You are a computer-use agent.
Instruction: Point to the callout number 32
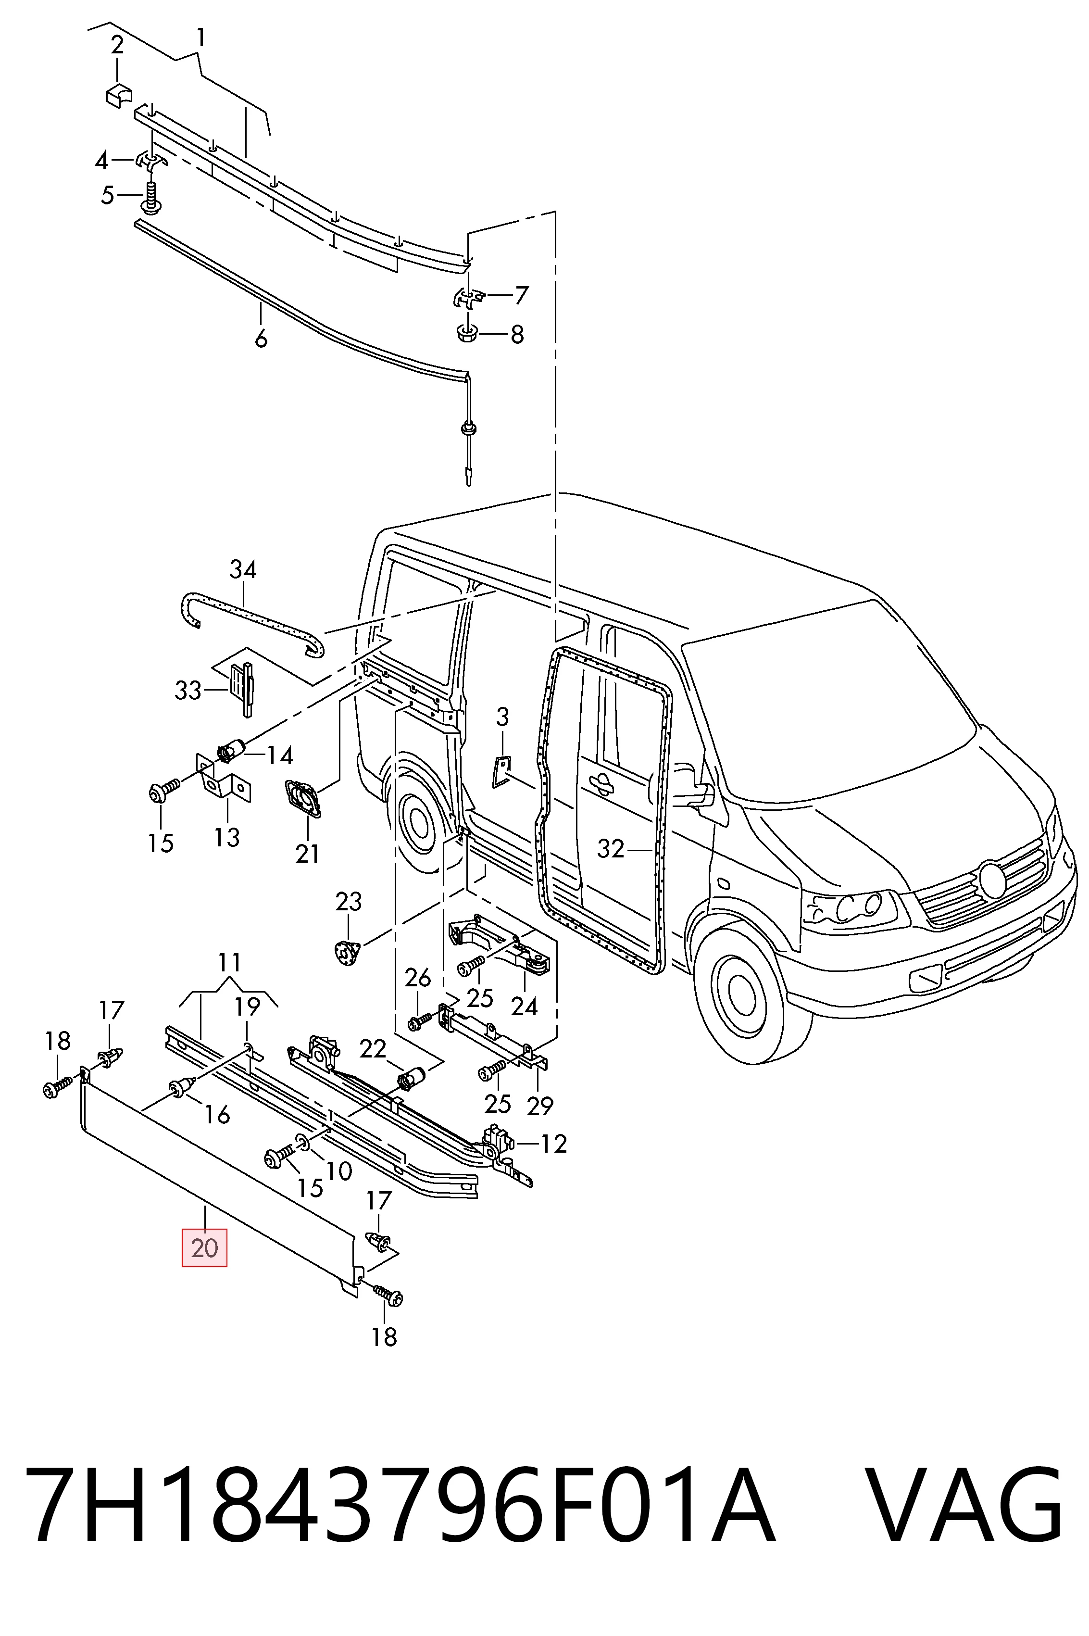tap(611, 849)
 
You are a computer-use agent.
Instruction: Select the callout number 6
tap(261, 340)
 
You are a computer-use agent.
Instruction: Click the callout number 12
tap(554, 1144)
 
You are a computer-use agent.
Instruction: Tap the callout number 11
tap(229, 962)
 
